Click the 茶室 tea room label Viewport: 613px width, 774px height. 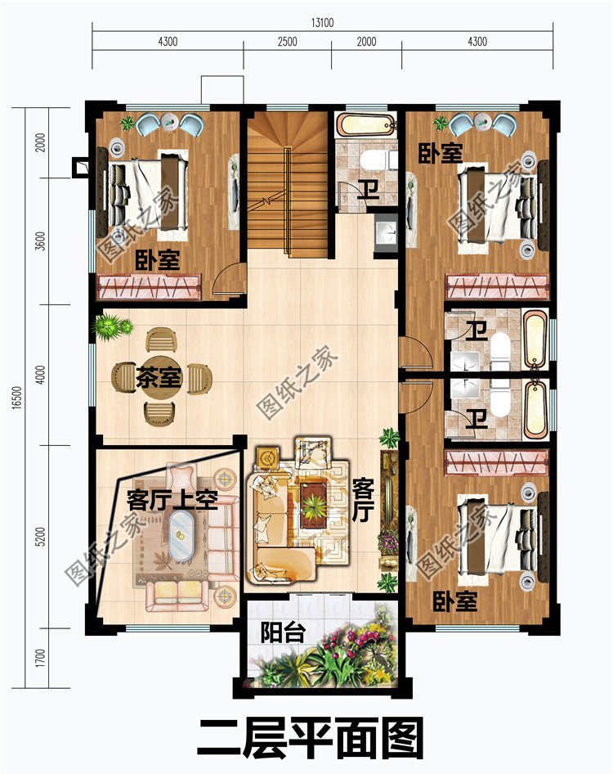tap(159, 378)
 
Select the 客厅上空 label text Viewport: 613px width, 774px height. tap(172, 498)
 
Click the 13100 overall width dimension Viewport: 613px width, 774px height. tap(322, 23)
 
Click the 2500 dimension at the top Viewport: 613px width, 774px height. tap(287, 42)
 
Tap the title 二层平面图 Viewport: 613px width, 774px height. tap(310, 739)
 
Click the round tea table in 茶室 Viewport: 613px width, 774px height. tap(158, 377)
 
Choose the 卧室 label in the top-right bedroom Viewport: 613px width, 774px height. tap(441, 152)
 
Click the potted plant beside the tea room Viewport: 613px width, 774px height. tap(111, 327)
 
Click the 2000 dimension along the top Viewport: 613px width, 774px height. tap(366, 42)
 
